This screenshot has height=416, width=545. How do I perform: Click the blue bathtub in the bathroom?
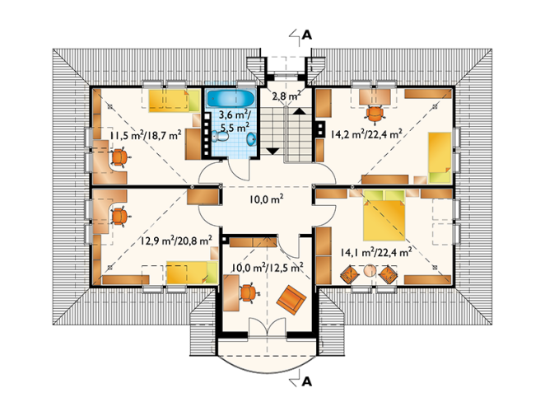coord(231,99)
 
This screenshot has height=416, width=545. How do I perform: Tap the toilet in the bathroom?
coord(220,137)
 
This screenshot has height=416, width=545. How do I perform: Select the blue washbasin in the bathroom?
coord(251,139)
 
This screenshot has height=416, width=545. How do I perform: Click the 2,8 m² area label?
coord(286,96)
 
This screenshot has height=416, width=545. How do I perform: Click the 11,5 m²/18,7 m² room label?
coord(146,135)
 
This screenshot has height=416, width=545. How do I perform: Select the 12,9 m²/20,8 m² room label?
coord(176,241)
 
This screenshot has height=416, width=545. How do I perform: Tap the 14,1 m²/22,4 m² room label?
coord(376,252)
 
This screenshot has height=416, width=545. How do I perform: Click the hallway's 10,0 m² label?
coord(266,199)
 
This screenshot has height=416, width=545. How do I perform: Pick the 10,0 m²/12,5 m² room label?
coord(268,267)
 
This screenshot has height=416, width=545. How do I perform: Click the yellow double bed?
coord(384,216)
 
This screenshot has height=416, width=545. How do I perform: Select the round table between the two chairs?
coord(370,271)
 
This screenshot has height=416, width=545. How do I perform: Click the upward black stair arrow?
coord(299,111)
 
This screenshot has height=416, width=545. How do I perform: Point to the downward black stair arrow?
coord(272,152)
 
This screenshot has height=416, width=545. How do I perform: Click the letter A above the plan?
coord(307,35)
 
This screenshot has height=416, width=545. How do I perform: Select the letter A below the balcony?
coord(307,382)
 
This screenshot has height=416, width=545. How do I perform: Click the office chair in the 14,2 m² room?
coord(375,115)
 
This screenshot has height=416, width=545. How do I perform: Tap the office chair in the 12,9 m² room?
coord(120,217)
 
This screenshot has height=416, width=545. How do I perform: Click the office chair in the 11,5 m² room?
coord(120,157)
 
